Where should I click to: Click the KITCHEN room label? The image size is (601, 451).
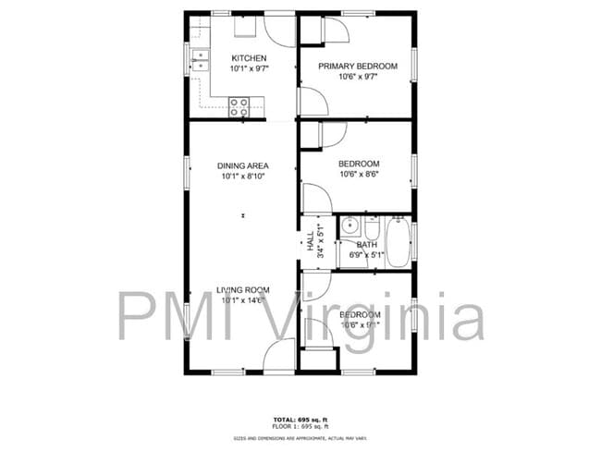[249, 58]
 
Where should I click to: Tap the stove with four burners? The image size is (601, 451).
[239, 106]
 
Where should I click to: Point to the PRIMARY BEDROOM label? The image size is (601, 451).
[358, 66]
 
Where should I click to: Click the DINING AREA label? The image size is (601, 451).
[243, 166]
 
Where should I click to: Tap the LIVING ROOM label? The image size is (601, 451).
[243, 290]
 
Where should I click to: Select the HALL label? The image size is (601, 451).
[310, 243]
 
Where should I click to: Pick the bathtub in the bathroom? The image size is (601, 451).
[398, 241]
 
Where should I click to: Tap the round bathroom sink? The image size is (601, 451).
[350, 225]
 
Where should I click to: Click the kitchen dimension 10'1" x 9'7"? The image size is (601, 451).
[249, 68]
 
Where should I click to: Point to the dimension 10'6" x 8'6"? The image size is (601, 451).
[359, 174]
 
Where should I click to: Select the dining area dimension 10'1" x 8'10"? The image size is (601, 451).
[243, 177]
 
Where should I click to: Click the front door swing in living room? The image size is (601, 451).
[278, 355]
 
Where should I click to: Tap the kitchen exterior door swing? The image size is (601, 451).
[279, 30]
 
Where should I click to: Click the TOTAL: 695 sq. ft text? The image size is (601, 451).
[300, 419]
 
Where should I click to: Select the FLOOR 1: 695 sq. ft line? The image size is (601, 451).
[300, 427]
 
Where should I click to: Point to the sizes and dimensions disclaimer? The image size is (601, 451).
[300, 437]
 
